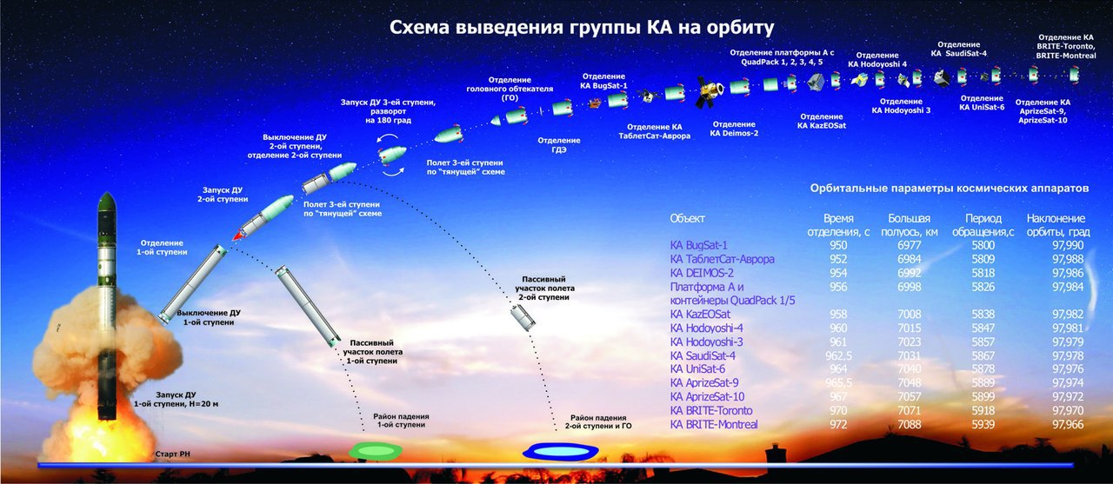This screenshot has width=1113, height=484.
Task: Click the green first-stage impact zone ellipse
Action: click(x=376, y=449)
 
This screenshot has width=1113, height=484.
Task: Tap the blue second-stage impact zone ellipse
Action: click(x=560, y=451)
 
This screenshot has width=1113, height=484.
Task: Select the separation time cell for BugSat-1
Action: click(x=838, y=246)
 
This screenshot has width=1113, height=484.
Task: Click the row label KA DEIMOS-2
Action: click(x=702, y=273)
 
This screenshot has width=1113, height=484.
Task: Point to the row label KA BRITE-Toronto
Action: click(x=710, y=409)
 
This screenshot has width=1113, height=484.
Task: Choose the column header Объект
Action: click(x=688, y=217)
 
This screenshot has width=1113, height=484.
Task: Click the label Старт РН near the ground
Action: click(x=172, y=454)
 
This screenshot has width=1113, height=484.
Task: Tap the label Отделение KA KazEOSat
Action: click(x=821, y=121)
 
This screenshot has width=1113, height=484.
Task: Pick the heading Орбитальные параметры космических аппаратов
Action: click(x=949, y=188)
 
